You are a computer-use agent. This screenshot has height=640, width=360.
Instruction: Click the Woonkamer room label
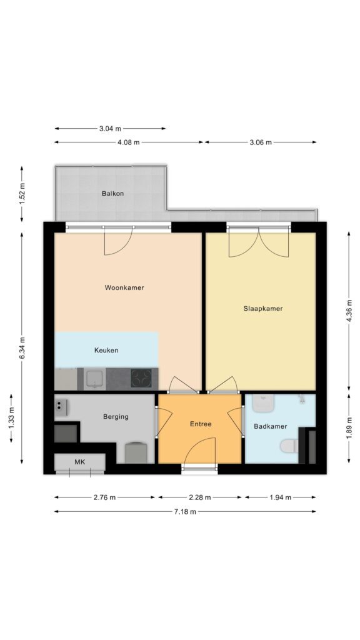click(x=124, y=287)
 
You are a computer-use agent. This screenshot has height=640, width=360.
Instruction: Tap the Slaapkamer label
click(x=263, y=309)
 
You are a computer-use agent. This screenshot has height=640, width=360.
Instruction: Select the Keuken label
click(x=106, y=350)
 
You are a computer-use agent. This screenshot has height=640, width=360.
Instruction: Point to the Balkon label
click(x=112, y=194)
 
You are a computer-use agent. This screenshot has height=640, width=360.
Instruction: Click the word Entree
click(x=201, y=424)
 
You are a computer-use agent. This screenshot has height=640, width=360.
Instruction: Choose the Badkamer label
click(x=270, y=426)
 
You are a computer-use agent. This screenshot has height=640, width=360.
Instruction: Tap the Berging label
click(x=116, y=417)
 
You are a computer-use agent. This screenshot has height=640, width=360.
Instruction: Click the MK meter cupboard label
click(x=79, y=462)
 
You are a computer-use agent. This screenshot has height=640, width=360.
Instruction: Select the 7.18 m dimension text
click(x=185, y=511)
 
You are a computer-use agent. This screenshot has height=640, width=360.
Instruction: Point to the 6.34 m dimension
click(x=22, y=347)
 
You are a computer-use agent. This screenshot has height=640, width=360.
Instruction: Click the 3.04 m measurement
click(x=110, y=129)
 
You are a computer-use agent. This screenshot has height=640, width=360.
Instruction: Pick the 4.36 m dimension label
click(x=349, y=311)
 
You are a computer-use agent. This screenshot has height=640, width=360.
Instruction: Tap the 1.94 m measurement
click(x=281, y=497)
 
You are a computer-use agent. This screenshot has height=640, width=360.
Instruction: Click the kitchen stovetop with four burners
click(x=141, y=378)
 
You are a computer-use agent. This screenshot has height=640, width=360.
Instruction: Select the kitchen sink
click(x=95, y=378)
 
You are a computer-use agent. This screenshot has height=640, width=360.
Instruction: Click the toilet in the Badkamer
click(x=290, y=446)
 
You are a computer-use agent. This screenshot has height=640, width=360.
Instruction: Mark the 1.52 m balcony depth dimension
click(x=22, y=194)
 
